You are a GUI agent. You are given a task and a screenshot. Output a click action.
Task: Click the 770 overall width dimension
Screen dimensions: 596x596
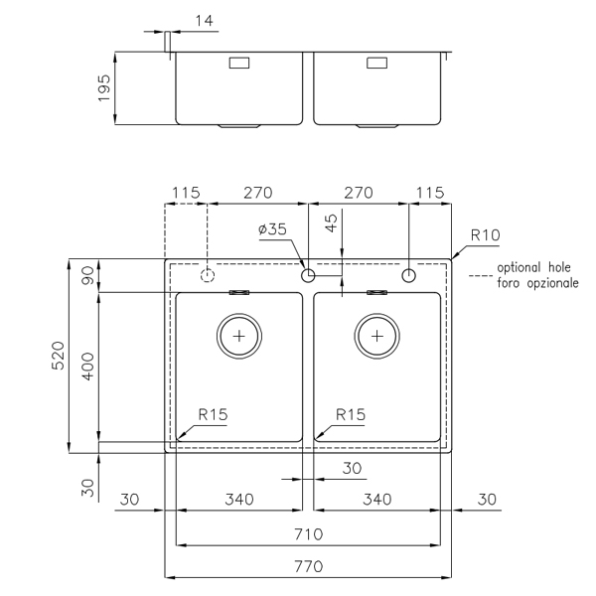point(308,567)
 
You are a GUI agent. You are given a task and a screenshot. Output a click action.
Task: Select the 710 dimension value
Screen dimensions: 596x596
point(308,534)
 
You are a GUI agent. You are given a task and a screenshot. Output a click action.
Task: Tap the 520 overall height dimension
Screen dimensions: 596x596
point(59,356)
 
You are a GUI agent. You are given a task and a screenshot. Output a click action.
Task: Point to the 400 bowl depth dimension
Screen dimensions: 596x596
point(88,367)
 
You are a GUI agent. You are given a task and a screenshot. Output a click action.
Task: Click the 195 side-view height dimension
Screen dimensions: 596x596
point(103,87)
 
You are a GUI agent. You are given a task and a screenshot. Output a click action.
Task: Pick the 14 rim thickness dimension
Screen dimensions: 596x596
point(204,21)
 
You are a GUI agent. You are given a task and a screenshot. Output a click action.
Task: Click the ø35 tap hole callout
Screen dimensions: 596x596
point(272,229)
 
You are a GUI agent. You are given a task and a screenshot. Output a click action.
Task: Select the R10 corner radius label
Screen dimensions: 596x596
point(485,235)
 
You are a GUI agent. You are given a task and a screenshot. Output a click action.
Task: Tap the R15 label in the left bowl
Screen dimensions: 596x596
point(213,414)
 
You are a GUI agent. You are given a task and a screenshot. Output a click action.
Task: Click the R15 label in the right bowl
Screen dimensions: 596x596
point(351,414)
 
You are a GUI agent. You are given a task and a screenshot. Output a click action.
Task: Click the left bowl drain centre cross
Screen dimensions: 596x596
point(239,336)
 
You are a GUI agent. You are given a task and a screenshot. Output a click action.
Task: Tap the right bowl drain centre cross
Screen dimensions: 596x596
point(377,336)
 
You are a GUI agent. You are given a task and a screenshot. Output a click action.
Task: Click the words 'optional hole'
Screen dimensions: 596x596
point(533,268)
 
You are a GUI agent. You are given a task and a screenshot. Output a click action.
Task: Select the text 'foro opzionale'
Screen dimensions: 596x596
point(537,283)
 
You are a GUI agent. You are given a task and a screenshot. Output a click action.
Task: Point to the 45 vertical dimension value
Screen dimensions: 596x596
point(332,223)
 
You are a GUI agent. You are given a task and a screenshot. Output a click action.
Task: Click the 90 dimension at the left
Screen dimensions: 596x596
point(87,275)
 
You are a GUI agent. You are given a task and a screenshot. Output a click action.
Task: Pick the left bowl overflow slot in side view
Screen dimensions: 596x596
point(239,63)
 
